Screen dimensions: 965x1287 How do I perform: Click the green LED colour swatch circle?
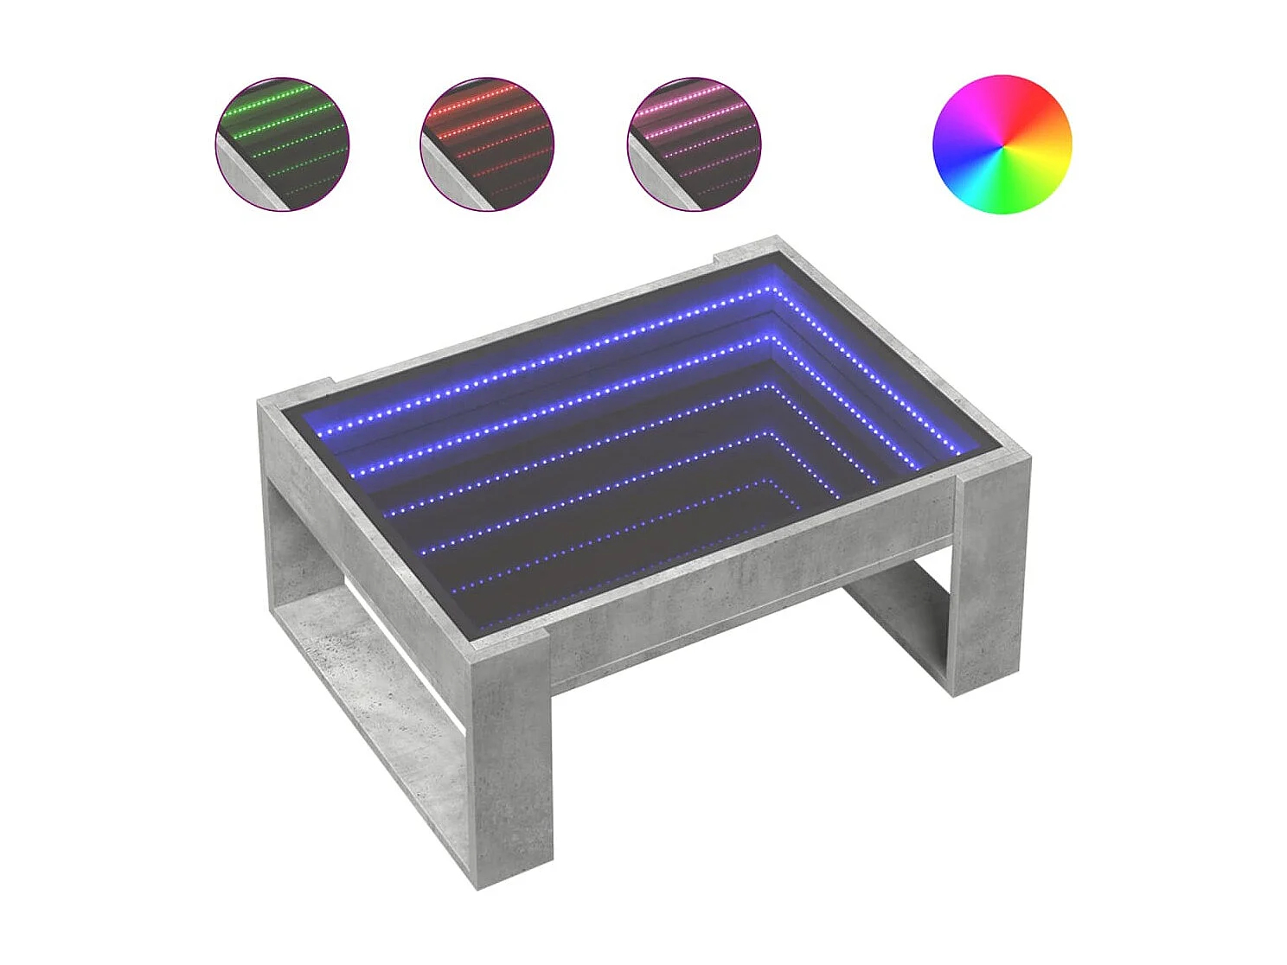[x=282, y=144]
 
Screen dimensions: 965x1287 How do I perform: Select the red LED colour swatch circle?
[x=487, y=144]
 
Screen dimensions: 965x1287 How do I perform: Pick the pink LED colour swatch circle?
[x=694, y=144]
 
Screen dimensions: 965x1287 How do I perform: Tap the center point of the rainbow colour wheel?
[x=1002, y=144]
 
